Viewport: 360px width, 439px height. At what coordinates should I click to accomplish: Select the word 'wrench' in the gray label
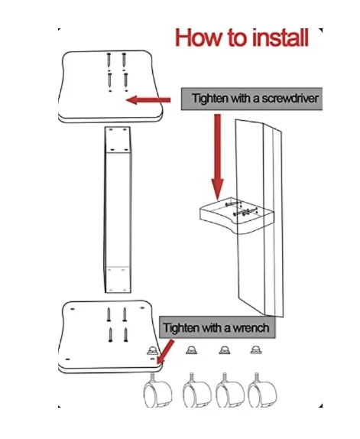[251, 327]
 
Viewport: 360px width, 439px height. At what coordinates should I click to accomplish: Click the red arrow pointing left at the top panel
[148, 100]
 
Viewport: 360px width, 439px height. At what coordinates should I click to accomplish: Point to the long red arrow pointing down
[217, 157]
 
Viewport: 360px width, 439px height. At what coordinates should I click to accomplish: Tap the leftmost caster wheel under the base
[157, 390]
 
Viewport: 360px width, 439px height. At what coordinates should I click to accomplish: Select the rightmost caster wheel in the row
[262, 390]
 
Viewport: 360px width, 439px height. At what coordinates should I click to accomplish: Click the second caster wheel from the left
[196, 390]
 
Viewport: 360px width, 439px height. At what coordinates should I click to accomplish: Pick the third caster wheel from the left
[230, 390]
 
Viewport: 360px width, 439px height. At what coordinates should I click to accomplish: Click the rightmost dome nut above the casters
[255, 350]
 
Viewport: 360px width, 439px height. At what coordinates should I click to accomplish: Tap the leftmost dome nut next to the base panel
[152, 350]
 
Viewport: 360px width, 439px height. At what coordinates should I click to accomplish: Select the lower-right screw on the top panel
[126, 80]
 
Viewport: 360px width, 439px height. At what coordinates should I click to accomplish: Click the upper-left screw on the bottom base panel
[109, 314]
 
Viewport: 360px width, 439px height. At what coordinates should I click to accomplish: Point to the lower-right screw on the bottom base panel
[126, 335]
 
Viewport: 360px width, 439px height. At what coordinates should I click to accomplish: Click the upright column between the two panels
[118, 210]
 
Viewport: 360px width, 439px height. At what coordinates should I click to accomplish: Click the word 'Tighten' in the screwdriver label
[209, 98]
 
